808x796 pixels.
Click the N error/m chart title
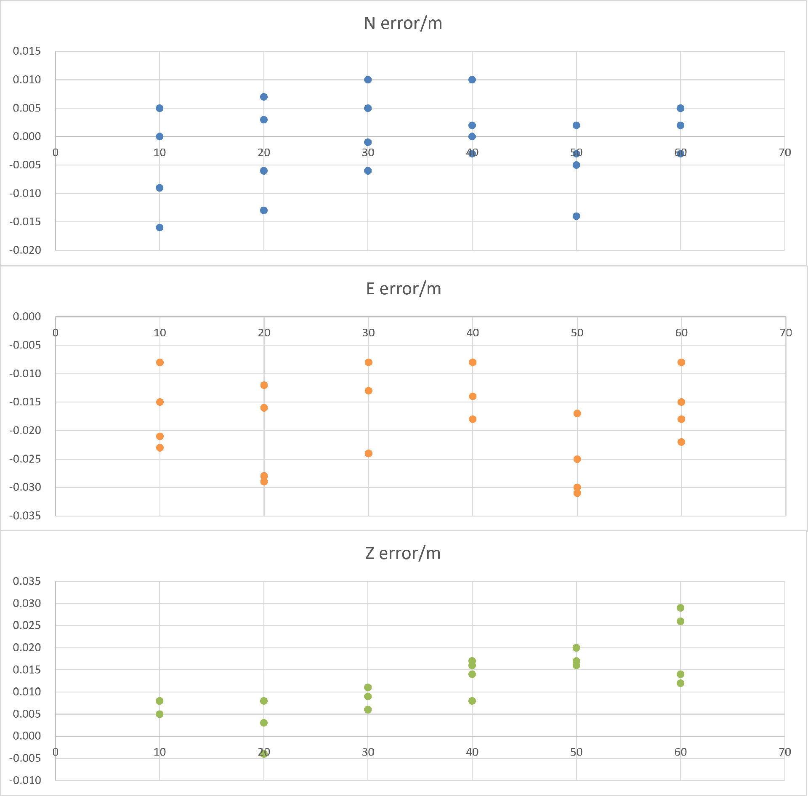pyautogui.click(x=403, y=24)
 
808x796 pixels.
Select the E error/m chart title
pyautogui.click(x=403, y=289)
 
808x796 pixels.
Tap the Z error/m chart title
pyautogui.click(x=403, y=553)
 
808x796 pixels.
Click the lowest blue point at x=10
pyautogui.click(x=159, y=228)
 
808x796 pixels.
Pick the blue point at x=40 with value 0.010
pyautogui.click(x=472, y=80)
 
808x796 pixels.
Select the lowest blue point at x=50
pyautogui.click(x=576, y=216)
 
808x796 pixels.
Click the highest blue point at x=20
pyautogui.click(x=264, y=97)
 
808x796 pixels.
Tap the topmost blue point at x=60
pyautogui.click(x=680, y=108)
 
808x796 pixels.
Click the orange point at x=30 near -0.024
pyautogui.click(x=369, y=453)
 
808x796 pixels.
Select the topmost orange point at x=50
pyautogui.click(x=577, y=413)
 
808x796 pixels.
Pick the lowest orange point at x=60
pyautogui.click(x=681, y=442)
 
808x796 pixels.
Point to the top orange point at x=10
pyautogui.click(x=160, y=362)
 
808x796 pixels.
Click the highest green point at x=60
pyautogui.click(x=680, y=608)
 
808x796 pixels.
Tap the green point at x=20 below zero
pyautogui.click(x=264, y=753)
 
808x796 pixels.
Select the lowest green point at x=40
pyautogui.click(x=472, y=701)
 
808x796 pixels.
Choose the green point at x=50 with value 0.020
pyautogui.click(x=576, y=648)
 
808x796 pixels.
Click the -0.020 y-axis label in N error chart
pyautogui.click(x=26, y=250)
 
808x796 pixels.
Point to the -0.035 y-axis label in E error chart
pyautogui.click(x=26, y=516)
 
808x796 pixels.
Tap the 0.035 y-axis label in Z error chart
pyautogui.click(x=27, y=581)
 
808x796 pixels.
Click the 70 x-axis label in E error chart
pyautogui.click(x=785, y=333)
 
